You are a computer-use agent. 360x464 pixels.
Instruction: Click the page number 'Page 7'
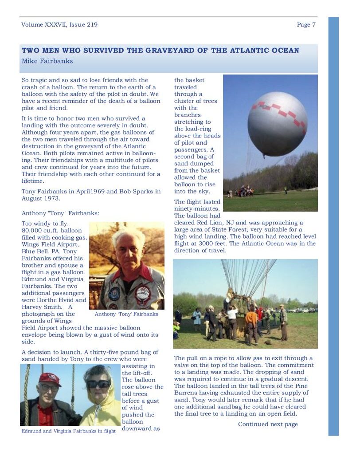(x=306, y=25)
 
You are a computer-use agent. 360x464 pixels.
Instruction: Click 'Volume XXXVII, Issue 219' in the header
(x=59, y=25)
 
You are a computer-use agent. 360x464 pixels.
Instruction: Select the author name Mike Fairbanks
(x=47, y=61)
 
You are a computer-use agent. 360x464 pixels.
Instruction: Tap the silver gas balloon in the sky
(x=277, y=124)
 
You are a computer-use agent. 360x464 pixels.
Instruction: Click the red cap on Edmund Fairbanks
(x=50, y=379)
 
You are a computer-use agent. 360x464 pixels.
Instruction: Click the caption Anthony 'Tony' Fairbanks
(x=126, y=314)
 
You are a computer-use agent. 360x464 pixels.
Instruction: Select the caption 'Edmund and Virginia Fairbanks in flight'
(x=69, y=431)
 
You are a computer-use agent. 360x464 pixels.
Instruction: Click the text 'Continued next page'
(x=268, y=425)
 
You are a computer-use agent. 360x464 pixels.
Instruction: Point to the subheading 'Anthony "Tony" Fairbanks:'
(x=60, y=213)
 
